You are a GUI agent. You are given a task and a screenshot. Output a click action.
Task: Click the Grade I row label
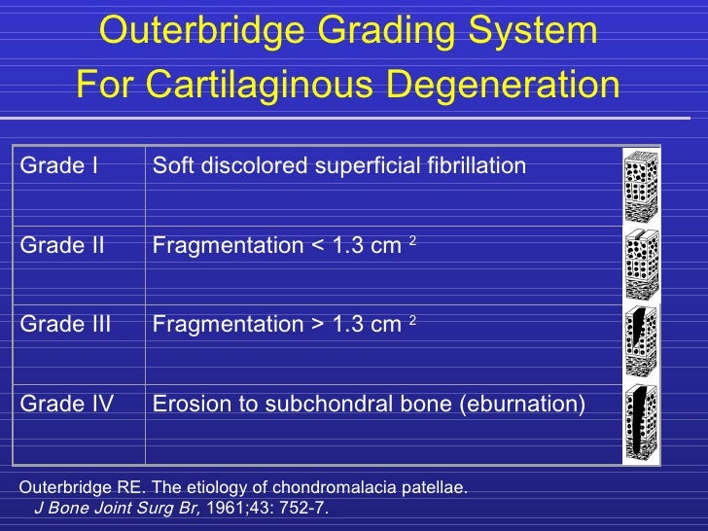(x=59, y=166)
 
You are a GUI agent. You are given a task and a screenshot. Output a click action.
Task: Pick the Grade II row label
(x=62, y=246)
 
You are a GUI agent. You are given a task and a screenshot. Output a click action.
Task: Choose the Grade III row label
(x=66, y=324)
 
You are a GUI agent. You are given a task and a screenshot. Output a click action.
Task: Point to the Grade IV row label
(x=67, y=403)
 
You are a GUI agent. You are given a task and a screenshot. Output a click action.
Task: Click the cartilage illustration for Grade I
(x=641, y=186)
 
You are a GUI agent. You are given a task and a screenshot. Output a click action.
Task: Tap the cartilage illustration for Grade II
(x=641, y=265)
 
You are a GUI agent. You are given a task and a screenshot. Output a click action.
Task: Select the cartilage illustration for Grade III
(x=641, y=342)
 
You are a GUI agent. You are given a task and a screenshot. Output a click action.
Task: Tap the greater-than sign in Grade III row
(x=317, y=325)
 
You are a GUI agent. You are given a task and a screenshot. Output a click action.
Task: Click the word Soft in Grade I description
(x=170, y=166)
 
